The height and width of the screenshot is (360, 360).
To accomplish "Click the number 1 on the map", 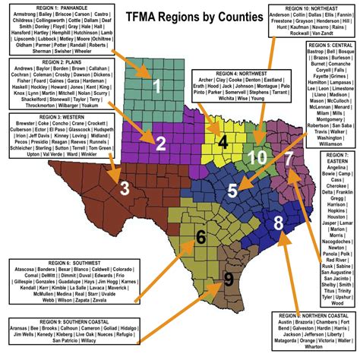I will pyautogui.click(x=157, y=86).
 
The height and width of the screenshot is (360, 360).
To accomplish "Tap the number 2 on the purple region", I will pyautogui.click(x=160, y=142).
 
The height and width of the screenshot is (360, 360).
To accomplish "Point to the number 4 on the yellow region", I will pyautogui.click(x=223, y=141).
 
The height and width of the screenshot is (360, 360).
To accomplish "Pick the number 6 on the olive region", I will pyautogui.click(x=201, y=237).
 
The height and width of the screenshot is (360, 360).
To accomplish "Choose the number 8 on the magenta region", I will pyautogui.click(x=278, y=223).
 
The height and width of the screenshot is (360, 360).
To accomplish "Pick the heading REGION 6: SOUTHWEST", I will pyautogui.click(x=46, y=264).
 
